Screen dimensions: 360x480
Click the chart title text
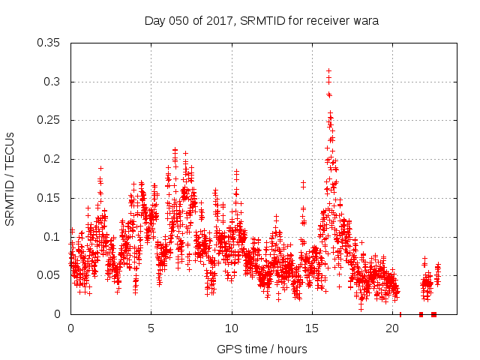pos(262,21)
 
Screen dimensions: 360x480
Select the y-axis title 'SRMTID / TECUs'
pos(10,178)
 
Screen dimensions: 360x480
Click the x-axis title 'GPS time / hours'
pos(262,349)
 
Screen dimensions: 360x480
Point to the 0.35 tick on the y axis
pos(50,43)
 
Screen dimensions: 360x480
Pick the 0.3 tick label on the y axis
pos(53,82)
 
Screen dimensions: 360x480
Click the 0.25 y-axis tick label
pos(50,120)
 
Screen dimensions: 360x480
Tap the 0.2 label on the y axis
pos(53,159)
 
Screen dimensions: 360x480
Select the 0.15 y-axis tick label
pos(50,198)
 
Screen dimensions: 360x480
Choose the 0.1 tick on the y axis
pos(53,237)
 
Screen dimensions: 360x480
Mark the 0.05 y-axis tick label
pos(50,275)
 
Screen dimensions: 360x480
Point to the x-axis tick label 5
pos(151,328)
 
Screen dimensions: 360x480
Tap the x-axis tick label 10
pos(232,328)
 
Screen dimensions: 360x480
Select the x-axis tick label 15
pos(312,328)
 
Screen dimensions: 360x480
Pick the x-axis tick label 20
pos(392,328)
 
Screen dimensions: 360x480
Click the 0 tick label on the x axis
pos(70,328)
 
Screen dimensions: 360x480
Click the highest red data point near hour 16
pos(328,71)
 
